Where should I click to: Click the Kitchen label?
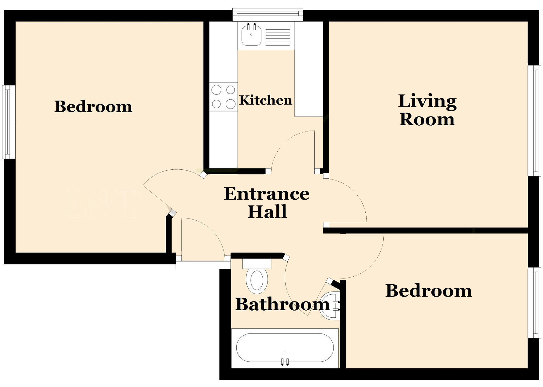(x=265, y=100)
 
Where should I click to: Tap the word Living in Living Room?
(x=427, y=101)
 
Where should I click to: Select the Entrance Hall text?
(x=267, y=202)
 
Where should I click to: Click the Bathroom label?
(x=282, y=304)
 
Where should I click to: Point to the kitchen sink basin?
(x=251, y=35)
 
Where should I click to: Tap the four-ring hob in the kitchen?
(x=223, y=97)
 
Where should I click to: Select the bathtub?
(x=285, y=348)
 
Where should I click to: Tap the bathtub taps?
(x=285, y=362)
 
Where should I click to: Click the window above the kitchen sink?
(x=268, y=14)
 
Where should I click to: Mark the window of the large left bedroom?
(x=9, y=122)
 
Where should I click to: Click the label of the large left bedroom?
(x=93, y=107)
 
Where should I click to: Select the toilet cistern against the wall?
(x=257, y=263)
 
